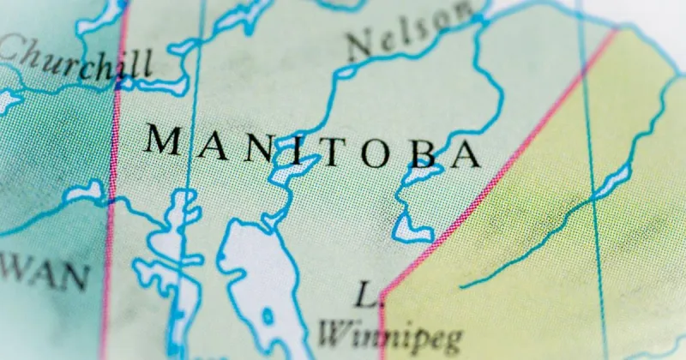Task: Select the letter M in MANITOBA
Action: [x=165, y=140]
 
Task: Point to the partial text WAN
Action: [x=43, y=277]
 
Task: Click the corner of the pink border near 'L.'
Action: [x=382, y=293]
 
